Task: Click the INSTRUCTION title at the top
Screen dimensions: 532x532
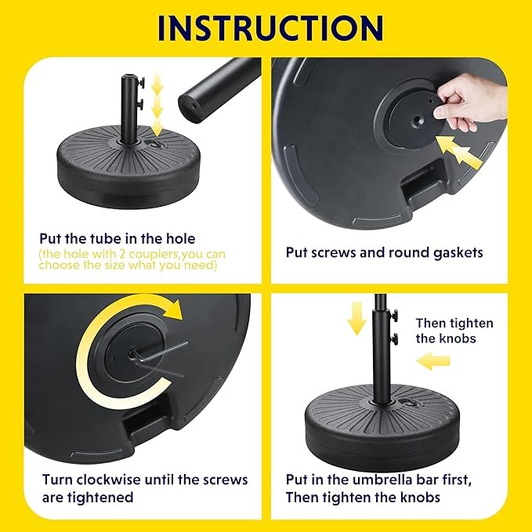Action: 270,28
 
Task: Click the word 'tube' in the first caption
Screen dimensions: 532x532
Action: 106,239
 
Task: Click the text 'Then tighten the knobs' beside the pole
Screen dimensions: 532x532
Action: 454,331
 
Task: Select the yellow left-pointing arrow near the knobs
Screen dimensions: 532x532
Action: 433,361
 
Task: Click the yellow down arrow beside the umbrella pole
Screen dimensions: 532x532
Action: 356,318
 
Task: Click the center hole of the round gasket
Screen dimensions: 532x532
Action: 417,120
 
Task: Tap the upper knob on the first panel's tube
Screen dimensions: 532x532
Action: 141,82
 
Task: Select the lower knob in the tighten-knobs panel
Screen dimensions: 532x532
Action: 394,339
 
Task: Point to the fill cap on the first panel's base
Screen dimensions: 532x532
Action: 157,143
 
